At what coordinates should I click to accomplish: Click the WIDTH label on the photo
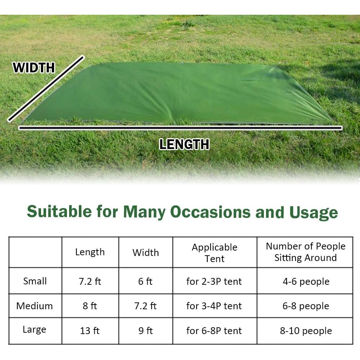[34, 68]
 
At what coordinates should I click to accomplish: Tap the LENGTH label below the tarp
[184, 144]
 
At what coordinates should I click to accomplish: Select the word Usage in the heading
[314, 213]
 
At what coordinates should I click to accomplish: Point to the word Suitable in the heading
[60, 211]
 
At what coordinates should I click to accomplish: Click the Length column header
[90, 252]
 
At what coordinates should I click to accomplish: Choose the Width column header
[145, 253]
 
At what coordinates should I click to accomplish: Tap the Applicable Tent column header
[215, 253]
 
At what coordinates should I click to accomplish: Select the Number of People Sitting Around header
[306, 252]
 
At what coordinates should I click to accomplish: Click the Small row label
[35, 281]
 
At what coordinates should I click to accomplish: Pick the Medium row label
[35, 306]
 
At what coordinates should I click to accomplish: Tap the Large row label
[35, 330]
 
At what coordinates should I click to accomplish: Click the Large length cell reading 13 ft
[90, 331]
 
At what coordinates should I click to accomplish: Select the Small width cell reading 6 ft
[145, 282]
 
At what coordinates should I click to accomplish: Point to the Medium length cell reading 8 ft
[90, 306]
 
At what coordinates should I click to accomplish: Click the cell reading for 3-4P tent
[214, 306]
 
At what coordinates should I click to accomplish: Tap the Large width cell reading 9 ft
[145, 331]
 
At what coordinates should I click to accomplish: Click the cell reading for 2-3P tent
[214, 282]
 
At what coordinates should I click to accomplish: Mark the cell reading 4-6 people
[306, 282]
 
